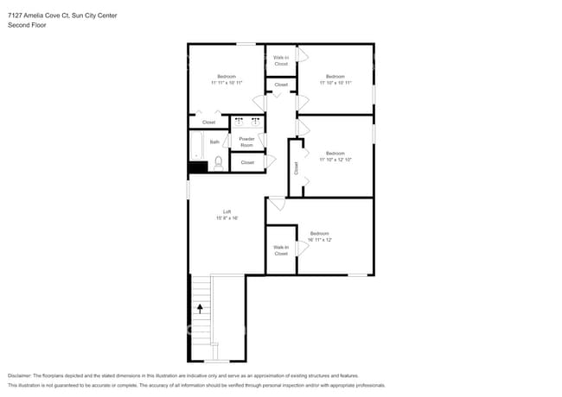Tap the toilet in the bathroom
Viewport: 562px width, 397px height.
coord(219,161)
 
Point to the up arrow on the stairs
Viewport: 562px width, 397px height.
coord(201,306)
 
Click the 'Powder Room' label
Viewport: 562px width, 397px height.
coord(246,142)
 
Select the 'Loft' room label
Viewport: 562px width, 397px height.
coord(227,211)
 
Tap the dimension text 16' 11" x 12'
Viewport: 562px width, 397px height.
coord(320,239)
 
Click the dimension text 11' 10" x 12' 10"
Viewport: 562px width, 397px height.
coord(335,160)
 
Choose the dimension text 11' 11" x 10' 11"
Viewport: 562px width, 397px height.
coord(226,83)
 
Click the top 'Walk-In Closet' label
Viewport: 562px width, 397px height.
coord(281,60)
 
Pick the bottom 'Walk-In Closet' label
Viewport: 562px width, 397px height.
coord(281,250)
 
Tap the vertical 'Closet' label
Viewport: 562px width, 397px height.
coord(296,168)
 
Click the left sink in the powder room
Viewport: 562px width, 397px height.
coord(239,122)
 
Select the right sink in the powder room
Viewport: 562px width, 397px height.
coord(256,122)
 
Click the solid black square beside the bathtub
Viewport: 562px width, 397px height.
coord(197,167)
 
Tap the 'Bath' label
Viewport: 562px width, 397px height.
coord(214,142)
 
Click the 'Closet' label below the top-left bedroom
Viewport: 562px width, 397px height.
coord(208,123)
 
